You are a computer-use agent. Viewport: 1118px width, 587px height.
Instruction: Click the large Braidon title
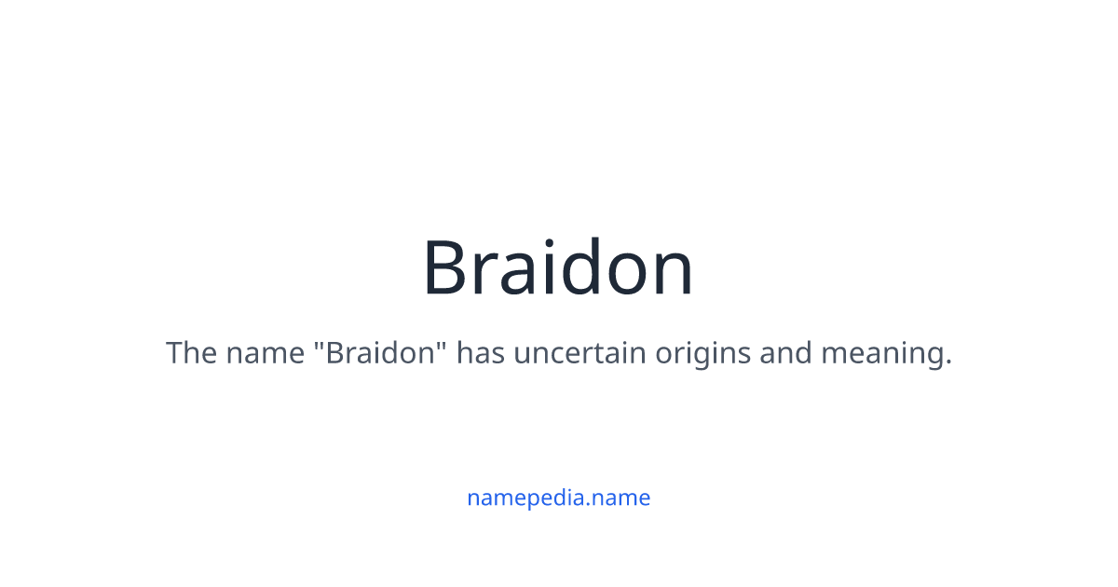pyautogui.click(x=558, y=268)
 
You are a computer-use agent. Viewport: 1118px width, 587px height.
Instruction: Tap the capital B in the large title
pyautogui.click(x=448, y=268)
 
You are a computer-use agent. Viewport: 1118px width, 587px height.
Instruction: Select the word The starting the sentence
pyautogui.click(x=191, y=354)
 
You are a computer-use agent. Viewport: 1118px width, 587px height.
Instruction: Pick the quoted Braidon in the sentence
pyautogui.click(x=385, y=354)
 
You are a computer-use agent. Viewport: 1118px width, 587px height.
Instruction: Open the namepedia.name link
pyautogui.click(x=558, y=498)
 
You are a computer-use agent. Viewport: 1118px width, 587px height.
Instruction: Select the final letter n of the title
pyautogui.click(x=672, y=276)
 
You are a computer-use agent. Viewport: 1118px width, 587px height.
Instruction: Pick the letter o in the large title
pyautogui.click(x=624, y=276)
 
